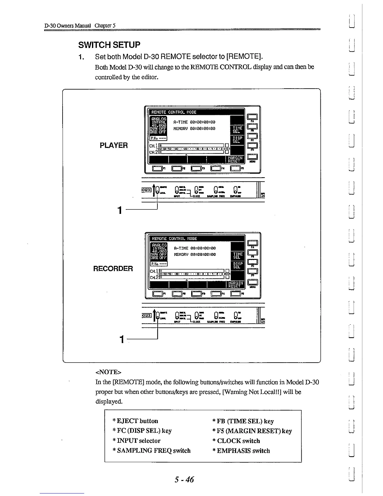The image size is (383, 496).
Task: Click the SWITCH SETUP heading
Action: point(109,45)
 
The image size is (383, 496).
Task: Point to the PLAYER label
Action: point(114,145)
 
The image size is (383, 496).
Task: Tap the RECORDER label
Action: point(113,269)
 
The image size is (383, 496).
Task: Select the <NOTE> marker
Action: point(108,372)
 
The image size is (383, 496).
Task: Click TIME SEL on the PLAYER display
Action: point(237,130)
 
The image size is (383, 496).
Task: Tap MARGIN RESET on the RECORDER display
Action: point(235,284)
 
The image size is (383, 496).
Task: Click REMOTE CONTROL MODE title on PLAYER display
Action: point(174,112)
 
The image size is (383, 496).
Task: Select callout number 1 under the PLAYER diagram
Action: point(119,210)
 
